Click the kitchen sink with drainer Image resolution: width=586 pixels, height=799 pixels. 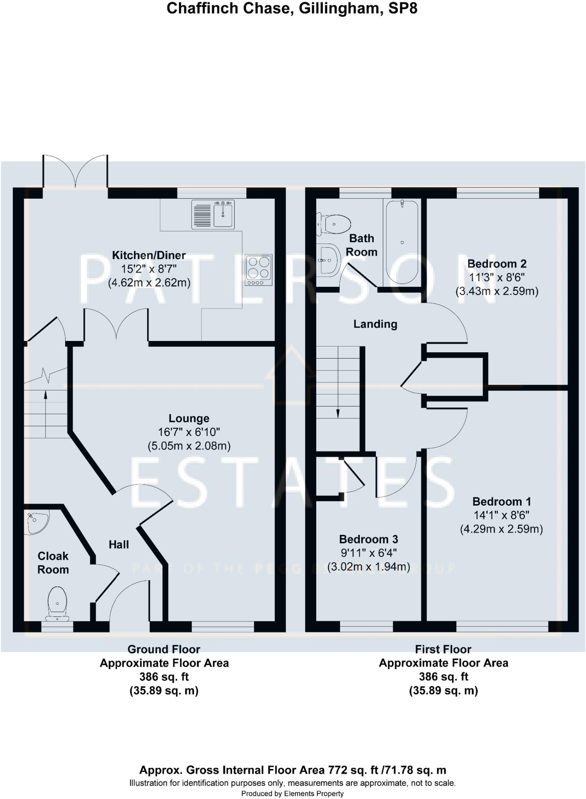(x=213, y=214)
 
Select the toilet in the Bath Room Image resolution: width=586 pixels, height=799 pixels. (x=334, y=224)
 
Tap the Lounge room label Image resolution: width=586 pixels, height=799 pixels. (x=189, y=418)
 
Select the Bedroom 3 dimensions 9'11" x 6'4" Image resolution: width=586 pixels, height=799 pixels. (x=369, y=553)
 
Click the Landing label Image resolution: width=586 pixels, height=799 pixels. (x=375, y=324)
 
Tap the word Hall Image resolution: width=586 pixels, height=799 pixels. (x=119, y=545)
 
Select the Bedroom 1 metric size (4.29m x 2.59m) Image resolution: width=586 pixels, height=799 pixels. (x=501, y=529)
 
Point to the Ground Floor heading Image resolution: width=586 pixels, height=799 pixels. (x=164, y=649)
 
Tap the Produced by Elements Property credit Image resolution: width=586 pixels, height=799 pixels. (x=292, y=794)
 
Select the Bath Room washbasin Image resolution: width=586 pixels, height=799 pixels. (x=328, y=260)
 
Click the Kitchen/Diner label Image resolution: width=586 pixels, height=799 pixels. (x=149, y=255)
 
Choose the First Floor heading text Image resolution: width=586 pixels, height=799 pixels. (x=443, y=649)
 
